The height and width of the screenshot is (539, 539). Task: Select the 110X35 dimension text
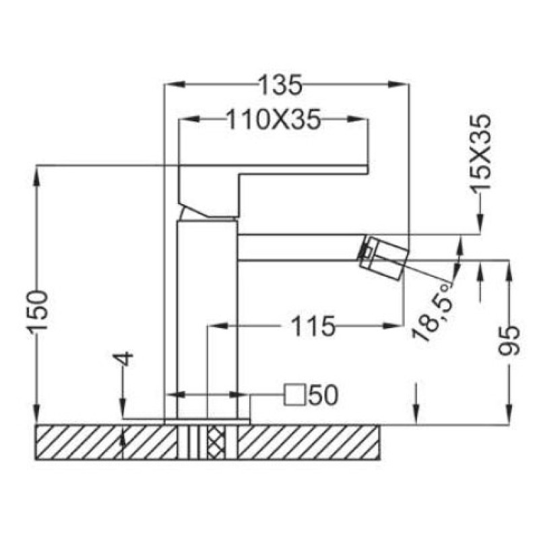coord(274,120)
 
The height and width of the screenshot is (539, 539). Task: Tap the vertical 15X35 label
coord(480,152)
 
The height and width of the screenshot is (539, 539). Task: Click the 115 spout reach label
coord(313,326)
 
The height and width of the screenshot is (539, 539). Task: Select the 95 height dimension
coord(509,341)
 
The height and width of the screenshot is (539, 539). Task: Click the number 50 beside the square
coord(323,395)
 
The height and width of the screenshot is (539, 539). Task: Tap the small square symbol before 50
coord(295,395)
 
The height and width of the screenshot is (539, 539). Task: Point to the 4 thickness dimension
coord(126,358)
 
